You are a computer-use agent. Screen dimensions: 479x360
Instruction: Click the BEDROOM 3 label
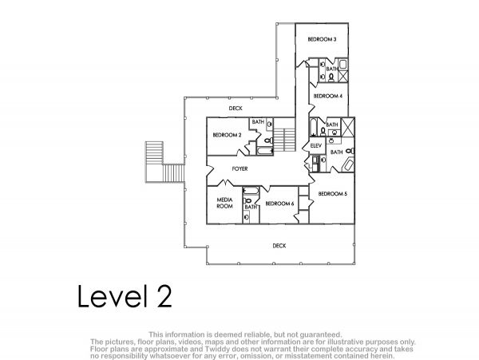point(322,39)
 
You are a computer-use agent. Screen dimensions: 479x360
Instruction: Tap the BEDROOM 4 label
point(328,96)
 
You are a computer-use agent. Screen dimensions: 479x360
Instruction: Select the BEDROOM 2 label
point(227,135)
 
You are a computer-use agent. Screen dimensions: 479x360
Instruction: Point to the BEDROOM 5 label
point(333,194)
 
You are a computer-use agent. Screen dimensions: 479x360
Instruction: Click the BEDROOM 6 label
point(279,204)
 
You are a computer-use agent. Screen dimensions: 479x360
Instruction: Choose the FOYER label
point(239,168)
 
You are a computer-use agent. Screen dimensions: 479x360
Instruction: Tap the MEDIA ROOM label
point(225,203)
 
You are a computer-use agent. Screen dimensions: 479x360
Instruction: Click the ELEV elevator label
point(316,145)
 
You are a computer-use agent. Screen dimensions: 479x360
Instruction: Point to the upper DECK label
point(236,108)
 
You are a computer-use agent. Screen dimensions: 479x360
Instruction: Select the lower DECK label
point(279,246)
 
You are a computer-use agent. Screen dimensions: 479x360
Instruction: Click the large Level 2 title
point(125,296)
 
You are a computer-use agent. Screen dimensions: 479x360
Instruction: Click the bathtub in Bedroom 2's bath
point(264,151)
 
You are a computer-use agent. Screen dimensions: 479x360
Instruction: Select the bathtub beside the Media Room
point(251,191)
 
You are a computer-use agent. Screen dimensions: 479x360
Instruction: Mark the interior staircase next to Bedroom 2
point(284,140)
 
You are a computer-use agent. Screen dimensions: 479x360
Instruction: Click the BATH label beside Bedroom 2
point(258,122)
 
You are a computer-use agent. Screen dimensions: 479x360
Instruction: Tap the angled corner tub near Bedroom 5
point(349,164)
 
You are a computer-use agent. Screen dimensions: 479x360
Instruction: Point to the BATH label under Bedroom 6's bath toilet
point(251,207)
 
